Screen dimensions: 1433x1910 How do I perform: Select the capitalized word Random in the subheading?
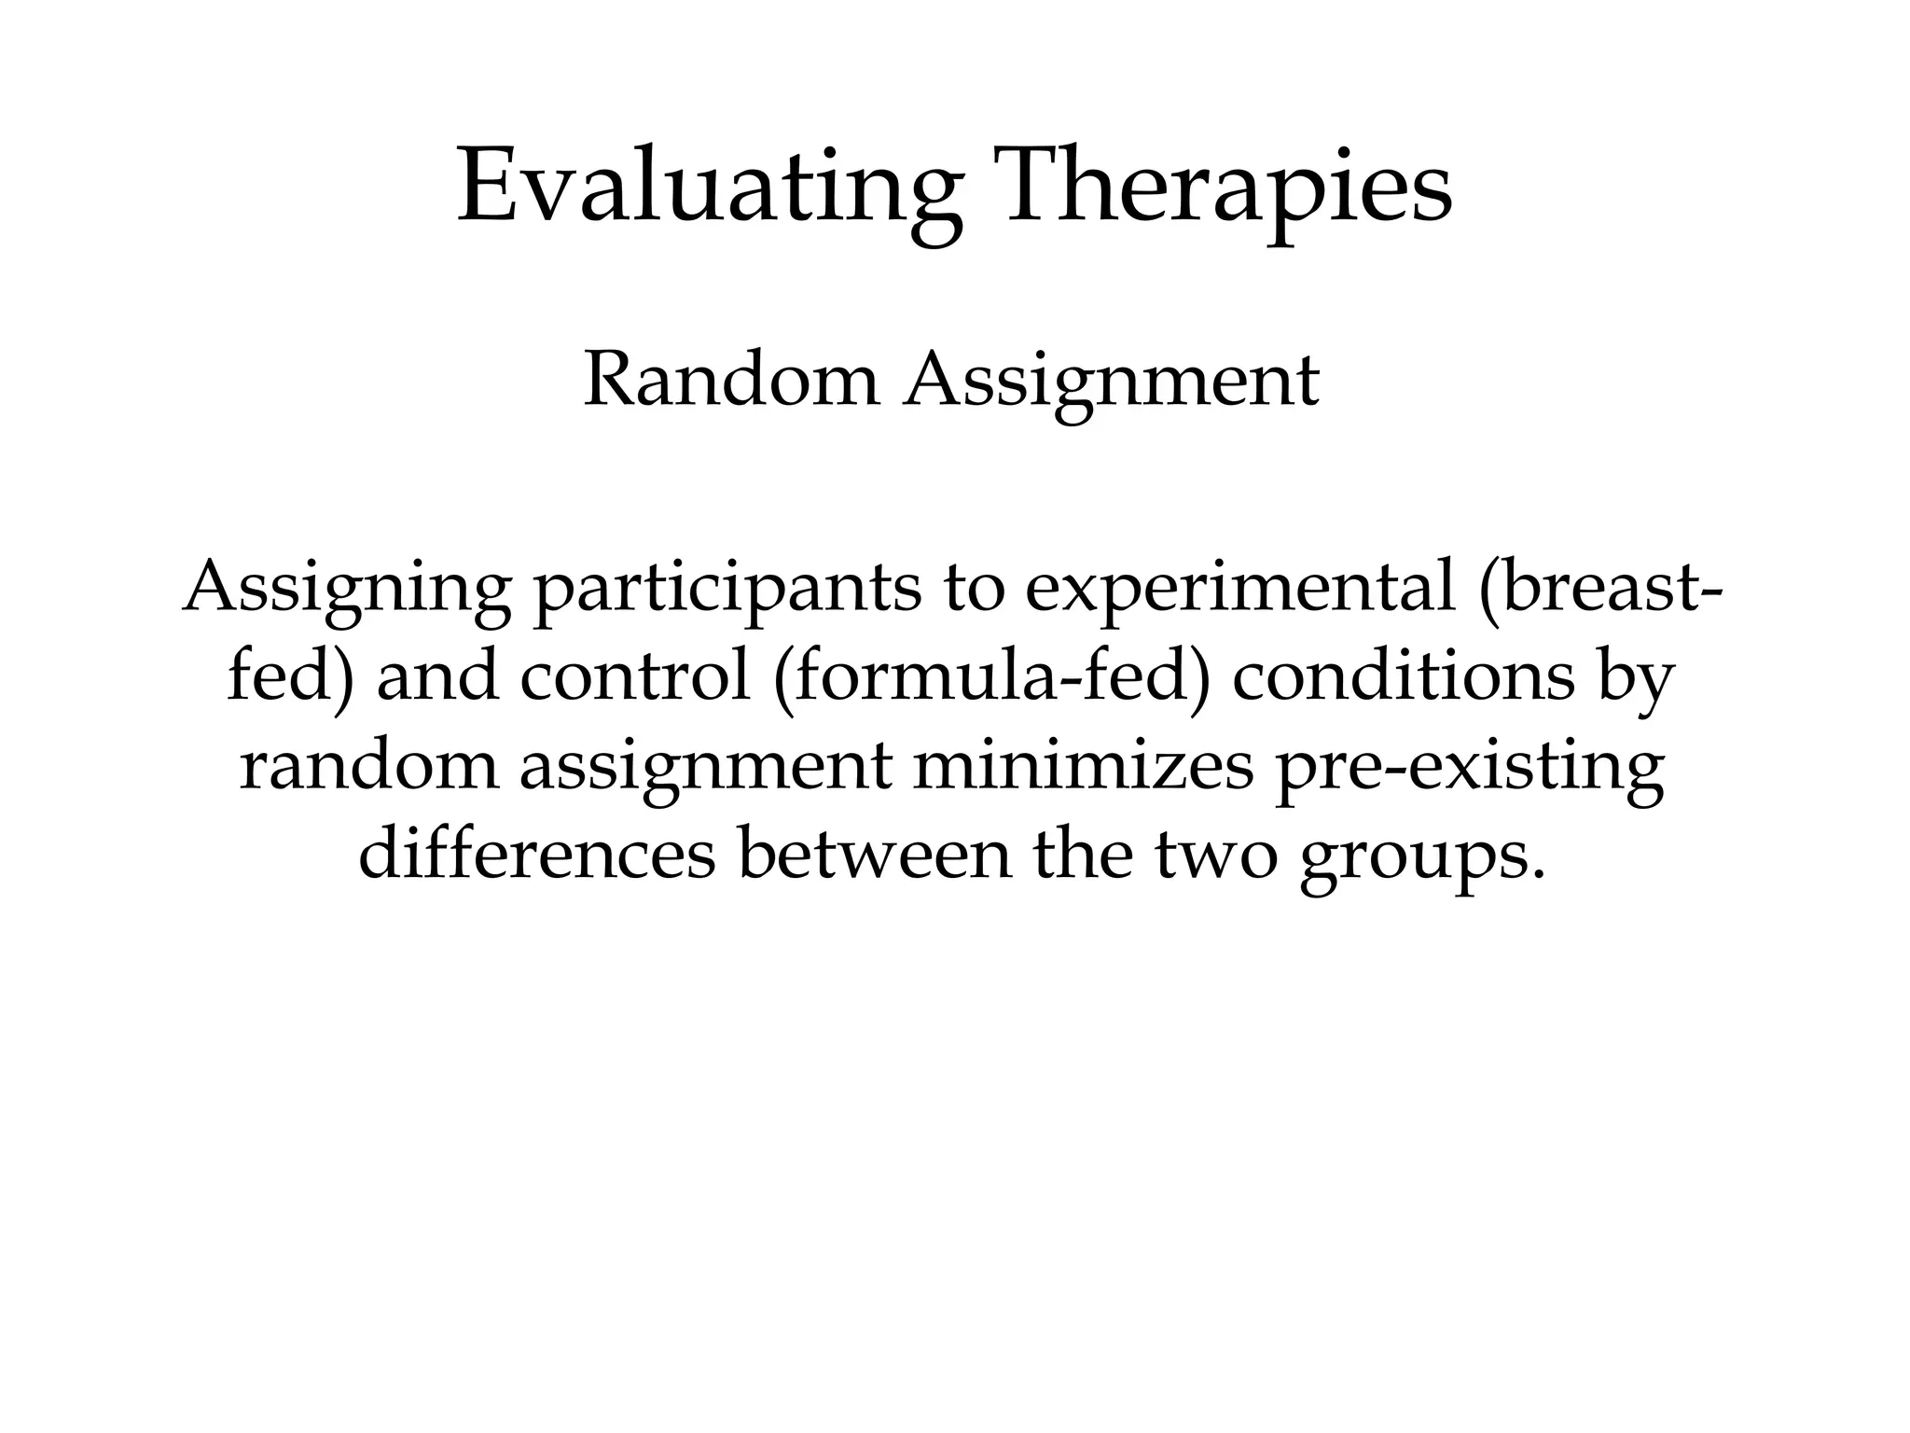731,382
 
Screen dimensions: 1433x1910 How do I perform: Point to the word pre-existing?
1469,767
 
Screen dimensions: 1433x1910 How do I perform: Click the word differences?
537,854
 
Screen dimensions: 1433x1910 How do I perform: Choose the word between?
874,854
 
